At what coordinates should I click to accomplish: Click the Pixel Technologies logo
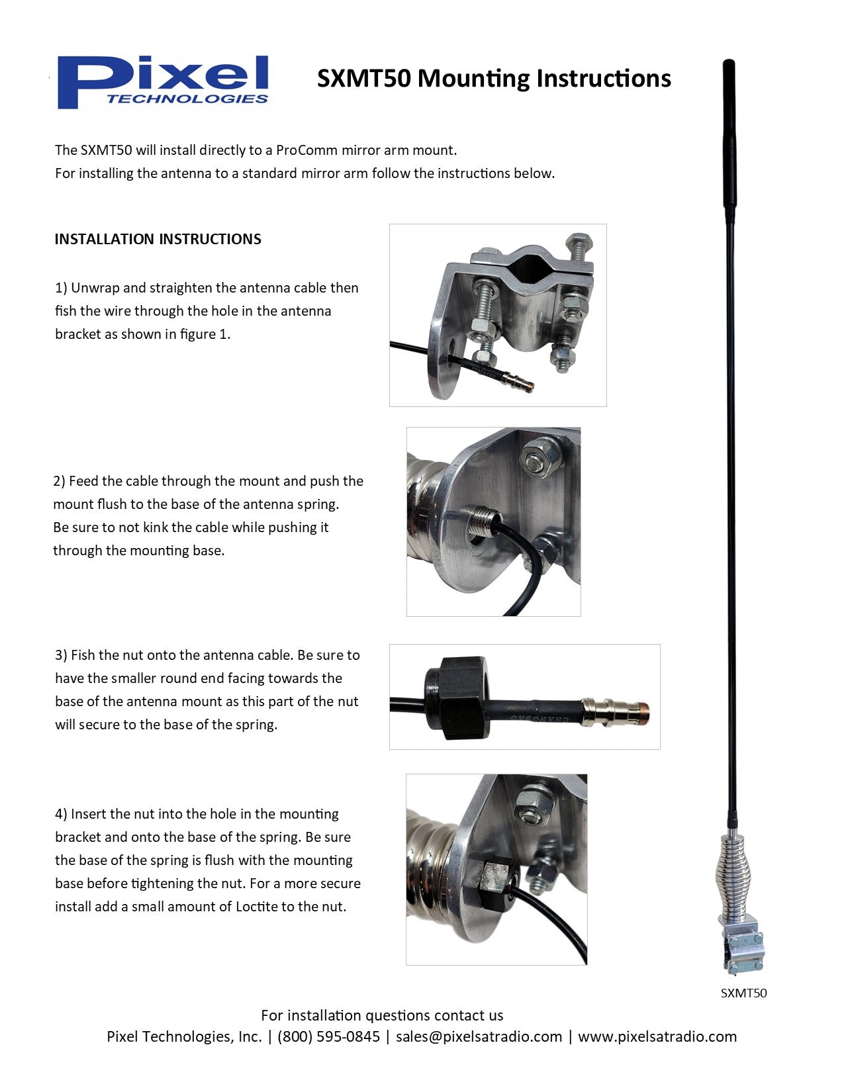click(163, 81)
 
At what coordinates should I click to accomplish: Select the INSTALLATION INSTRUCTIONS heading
click(158, 239)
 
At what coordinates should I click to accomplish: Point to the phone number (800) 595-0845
click(328, 1036)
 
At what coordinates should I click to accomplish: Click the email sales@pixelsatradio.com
click(479, 1036)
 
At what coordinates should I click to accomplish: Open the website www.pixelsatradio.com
click(657, 1036)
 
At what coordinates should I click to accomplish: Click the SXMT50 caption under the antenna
click(743, 993)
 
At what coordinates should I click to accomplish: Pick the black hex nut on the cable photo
click(457, 698)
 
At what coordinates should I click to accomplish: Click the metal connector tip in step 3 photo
click(616, 711)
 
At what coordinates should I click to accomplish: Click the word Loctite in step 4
click(258, 907)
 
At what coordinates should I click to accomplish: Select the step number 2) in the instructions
click(59, 481)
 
